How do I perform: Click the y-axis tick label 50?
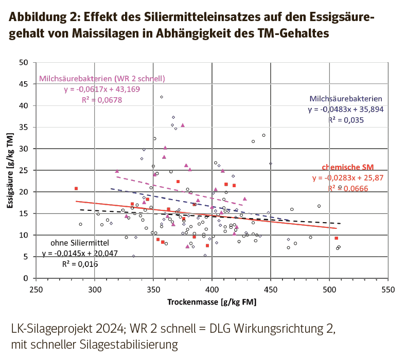tap(24, 63)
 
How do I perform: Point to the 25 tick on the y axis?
tap(24, 171)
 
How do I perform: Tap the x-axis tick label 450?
tap(271, 289)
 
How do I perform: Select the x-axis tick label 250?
tap(36, 289)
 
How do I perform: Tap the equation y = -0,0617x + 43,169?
tap(102, 89)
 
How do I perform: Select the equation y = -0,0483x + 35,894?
tap(345, 110)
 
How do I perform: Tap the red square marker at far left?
tap(76, 188)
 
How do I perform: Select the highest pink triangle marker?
tap(182, 125)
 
